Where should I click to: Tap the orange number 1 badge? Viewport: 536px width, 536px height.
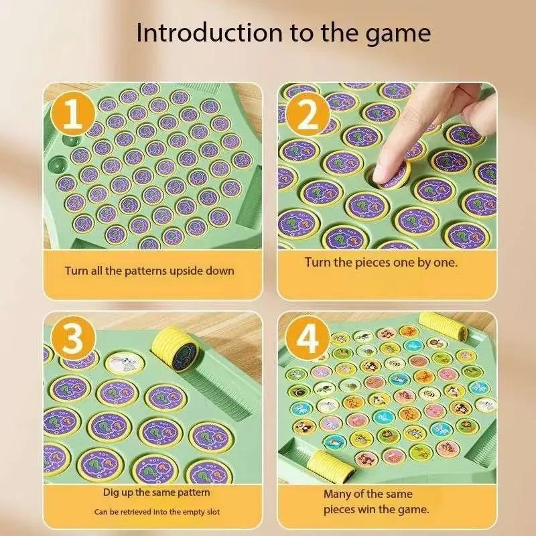point(74,115)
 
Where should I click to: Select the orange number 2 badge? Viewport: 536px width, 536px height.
point(308,115)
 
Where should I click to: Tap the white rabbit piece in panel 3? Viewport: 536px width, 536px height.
point(122,362)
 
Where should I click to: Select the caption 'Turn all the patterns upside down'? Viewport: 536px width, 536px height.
point(149,271)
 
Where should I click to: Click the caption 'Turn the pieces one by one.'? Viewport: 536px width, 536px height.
point(381,262)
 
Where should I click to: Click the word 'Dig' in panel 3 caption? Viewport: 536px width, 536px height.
point(111,493)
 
